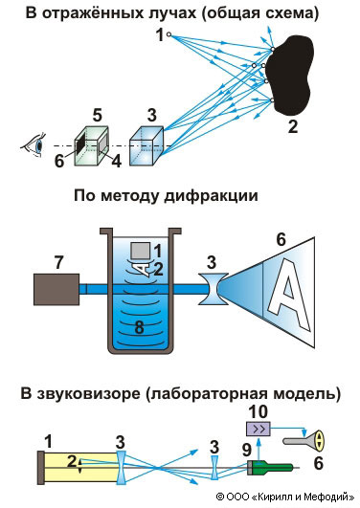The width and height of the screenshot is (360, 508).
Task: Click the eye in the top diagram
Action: pyautogui.click(x=34, y=145)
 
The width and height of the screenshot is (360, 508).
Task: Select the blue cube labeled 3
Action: pyautogui.click(x=146, y=146)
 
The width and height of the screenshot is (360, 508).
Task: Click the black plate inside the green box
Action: pyautogui.click(x=80, y=145)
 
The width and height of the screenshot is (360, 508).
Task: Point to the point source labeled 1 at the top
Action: pyautogui.click(x=169, y=34)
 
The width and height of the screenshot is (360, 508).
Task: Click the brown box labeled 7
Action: pyautogui.click(x=56, y=289)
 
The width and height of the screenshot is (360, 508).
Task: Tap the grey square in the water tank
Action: pyautogui.click(x=140, y=251)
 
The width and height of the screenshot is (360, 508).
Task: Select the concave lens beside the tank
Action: pyautogui.click(x=213, y=289)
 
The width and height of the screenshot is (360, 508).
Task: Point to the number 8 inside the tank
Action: pyautogui.click(x=139, y=327)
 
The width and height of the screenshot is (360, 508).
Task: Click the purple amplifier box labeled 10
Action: pyautogui.click(x=259, y=429)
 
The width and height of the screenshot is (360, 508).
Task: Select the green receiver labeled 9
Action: pyautogui.click(x=270, y=468)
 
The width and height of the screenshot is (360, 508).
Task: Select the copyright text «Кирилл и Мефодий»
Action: pyautogui.click(x=303, y=497)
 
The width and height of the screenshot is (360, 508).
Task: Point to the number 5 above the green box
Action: pyautogui.click(x=98, y=116)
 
